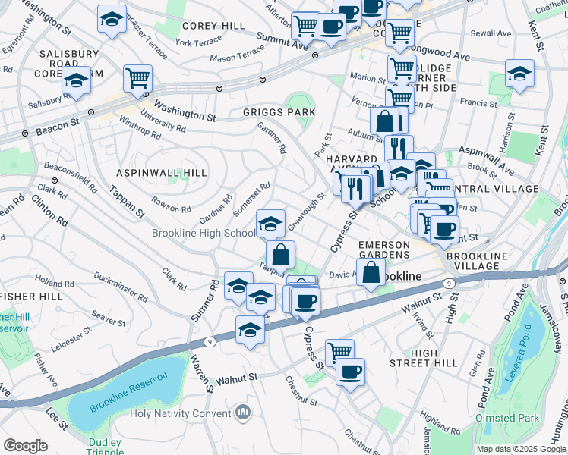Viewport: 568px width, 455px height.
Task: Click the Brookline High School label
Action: click(203, 234)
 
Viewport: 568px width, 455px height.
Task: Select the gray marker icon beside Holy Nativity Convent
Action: click(243, 413)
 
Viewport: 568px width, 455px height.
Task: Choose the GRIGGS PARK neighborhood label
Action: click(279, 112)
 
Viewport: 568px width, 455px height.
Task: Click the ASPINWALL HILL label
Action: click(163, 173)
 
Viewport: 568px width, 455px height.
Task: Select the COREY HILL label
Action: click(213, 26)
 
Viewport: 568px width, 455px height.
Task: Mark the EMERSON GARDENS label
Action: click(383, 250)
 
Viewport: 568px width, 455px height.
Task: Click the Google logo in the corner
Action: click(25, 446)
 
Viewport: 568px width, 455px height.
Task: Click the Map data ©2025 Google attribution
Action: click(520, 449)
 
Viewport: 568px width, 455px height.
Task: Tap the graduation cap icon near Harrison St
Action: click(519, 74)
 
